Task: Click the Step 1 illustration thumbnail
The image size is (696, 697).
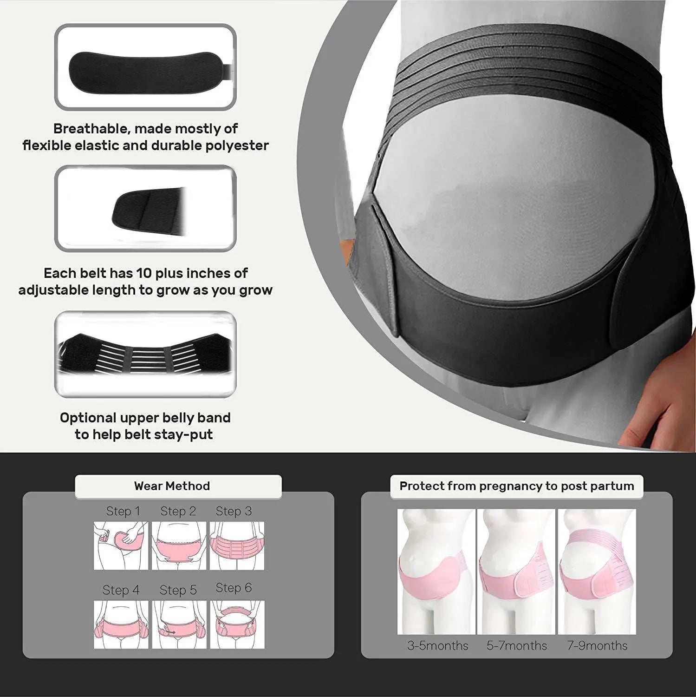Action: coord(121,546)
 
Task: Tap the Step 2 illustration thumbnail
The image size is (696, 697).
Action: coord(179,546)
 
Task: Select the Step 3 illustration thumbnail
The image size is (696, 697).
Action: coord(237,546)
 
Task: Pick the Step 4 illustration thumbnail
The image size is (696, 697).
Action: coord(121,625)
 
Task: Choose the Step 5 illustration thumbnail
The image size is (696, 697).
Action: coord(179,625)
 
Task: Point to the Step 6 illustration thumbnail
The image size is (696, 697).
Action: coord(237,625)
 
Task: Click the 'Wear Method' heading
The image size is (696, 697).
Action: coord(172,486)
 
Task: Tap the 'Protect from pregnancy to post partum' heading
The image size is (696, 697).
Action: coord(517,486)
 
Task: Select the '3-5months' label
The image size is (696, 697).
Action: coord(438,645)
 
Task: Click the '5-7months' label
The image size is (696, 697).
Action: coord(517,645)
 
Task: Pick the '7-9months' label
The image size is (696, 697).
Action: coord(597,645)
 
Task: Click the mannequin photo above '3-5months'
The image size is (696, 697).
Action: coord(436,572)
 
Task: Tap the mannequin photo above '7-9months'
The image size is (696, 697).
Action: coord(597,572)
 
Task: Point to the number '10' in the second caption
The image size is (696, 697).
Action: coord(144,273)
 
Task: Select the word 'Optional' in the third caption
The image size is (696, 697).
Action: coord(88,418)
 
